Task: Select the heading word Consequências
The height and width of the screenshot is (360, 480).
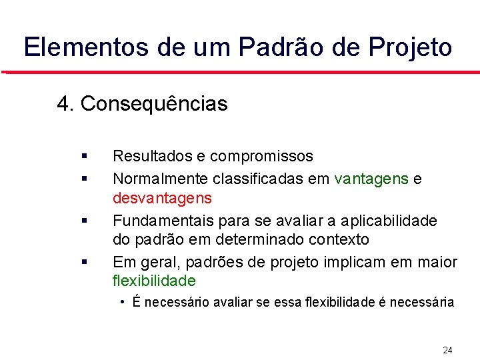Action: click(154, 104)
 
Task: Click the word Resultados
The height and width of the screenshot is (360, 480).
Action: click(152, 156)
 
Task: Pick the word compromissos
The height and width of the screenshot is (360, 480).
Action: click(261, 156)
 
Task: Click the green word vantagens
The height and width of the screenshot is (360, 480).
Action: click(371, 179)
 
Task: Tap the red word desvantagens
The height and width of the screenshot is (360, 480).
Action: click(162, 198)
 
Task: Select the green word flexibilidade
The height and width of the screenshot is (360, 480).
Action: click(154, 280)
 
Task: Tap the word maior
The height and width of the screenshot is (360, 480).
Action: click(437, 261)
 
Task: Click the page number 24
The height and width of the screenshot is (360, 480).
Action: click(447, 350)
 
